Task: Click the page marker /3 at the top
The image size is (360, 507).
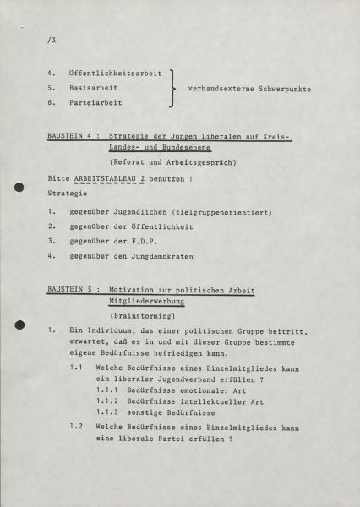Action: click(52, 40)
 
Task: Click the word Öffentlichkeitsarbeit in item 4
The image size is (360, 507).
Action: click(114, 74)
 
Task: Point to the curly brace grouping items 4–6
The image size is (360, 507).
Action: click(173, 88)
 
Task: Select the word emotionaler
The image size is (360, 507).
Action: click(190, 391)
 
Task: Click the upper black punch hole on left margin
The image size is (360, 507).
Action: click(19, 190)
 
